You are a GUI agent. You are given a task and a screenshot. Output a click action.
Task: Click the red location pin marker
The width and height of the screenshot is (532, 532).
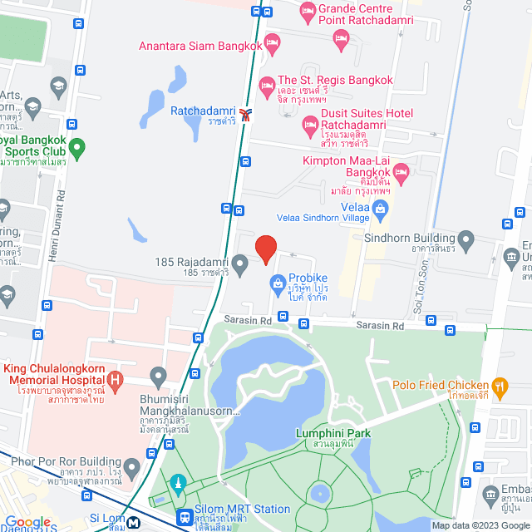point(265,249)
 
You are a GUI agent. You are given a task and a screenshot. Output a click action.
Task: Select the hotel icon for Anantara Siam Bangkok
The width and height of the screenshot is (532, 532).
point(270,47)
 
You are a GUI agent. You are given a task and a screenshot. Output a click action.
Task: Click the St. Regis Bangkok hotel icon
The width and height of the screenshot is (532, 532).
point(267,85)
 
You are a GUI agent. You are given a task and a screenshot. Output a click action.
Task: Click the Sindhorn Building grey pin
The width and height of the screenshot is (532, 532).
point(465,242)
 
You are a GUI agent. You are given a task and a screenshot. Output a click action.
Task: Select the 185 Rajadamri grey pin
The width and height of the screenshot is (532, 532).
point(239,266)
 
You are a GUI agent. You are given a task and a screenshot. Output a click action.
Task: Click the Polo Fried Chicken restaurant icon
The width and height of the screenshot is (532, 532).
point(500,385)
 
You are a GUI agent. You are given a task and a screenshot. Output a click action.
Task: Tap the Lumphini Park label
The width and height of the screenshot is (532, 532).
point(332,434)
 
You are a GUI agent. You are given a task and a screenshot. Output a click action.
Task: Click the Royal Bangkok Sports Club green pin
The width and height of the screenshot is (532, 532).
point(77,150)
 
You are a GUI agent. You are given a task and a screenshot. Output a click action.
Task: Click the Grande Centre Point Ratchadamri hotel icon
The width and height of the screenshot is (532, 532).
point(307,12)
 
